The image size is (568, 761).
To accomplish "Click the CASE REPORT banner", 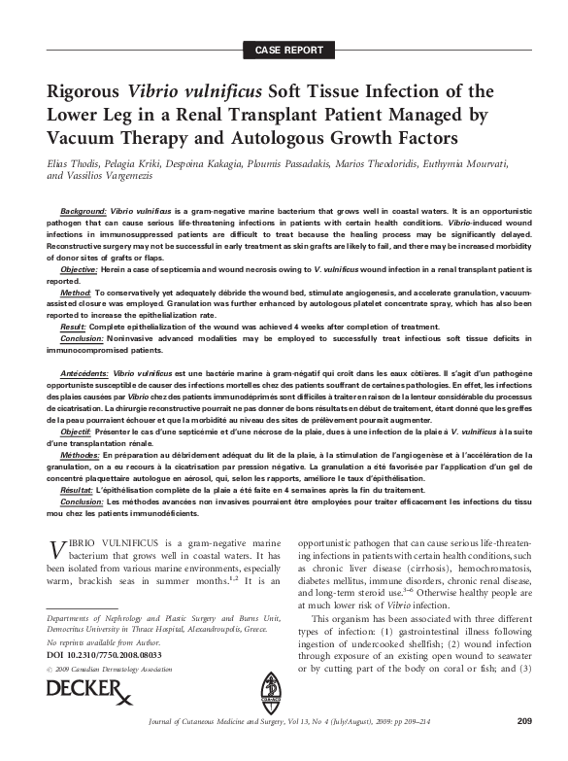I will (284, 48).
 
